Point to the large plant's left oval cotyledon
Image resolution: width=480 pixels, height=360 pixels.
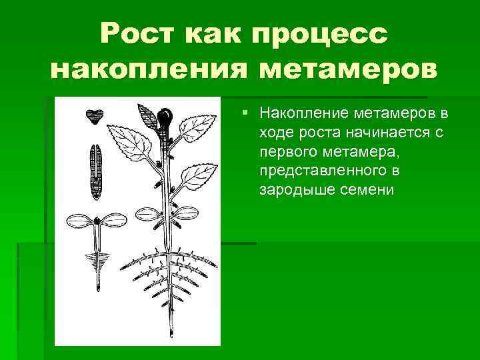149,214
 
